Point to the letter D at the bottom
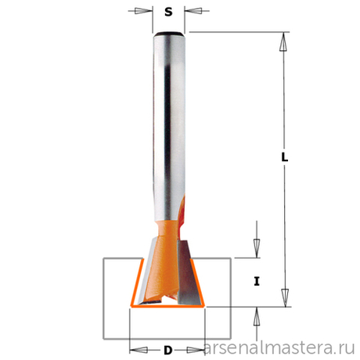pos(168,349)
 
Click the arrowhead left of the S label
pos(142,12)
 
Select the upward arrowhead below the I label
pos(256,315)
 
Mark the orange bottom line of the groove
pos(168,308)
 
